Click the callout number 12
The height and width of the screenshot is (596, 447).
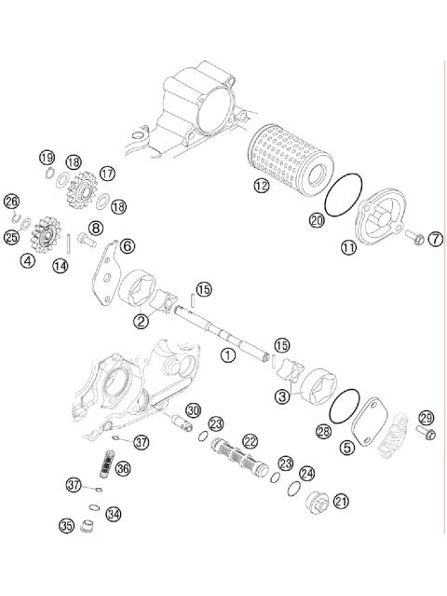click(261, 187)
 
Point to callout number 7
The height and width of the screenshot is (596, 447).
click(436, 240)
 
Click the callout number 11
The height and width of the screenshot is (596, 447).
click(348, 248)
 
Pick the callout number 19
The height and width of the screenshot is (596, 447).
click(47, 156)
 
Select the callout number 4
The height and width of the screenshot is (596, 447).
click(29, 261)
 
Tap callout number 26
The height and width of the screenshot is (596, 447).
click(11, 201)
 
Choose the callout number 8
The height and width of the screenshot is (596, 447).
click(96, 229)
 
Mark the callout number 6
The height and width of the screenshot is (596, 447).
click(128, 245)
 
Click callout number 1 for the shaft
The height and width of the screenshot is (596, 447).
click(226, 354)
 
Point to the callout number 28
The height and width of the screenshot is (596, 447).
click(323, 432)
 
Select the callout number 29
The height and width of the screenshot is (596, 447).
click(427, 417)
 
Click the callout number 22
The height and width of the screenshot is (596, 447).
click(251, 440)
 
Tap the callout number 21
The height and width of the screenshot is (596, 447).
click(341, 501)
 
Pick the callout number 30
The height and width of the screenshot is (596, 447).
click(193, 410)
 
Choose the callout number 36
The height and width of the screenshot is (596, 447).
click(123, 470)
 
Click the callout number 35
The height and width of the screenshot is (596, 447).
click(66, 526)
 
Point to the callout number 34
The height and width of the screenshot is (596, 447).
click(113, 514)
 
